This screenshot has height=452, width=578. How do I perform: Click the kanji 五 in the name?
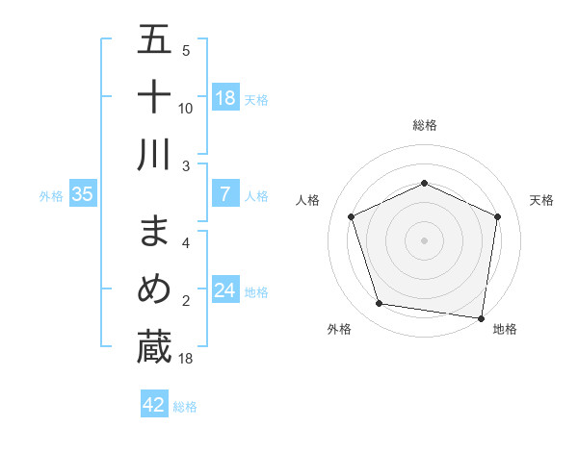(x=154, y=41)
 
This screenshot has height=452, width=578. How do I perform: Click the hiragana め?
(x=154, y=289)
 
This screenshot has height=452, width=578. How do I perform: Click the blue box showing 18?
(x=225, y=98)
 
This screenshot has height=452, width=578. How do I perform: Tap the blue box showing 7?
(x=225, y=195)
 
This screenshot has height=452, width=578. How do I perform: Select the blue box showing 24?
(x=225, y=290)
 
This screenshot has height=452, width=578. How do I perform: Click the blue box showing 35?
(x=83, y=195)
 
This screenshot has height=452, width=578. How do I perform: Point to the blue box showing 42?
(x=154, y=405)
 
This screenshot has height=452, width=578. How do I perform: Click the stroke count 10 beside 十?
(x=186, y=109)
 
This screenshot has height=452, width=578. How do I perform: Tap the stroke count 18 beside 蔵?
(x=186, y=359)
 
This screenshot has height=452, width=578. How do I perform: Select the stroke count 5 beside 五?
(x=186, y=51)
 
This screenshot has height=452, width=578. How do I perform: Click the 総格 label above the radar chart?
(x=424, y=125)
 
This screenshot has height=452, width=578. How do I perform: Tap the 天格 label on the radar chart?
(x=541, y=200)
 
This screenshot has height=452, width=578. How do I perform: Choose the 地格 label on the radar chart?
(x=505, y=329)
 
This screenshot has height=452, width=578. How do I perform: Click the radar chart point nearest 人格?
(x=352, y=216)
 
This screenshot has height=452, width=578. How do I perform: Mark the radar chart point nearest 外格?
(x=380, y=304)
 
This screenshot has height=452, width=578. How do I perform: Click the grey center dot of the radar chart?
(x=424, y=240)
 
